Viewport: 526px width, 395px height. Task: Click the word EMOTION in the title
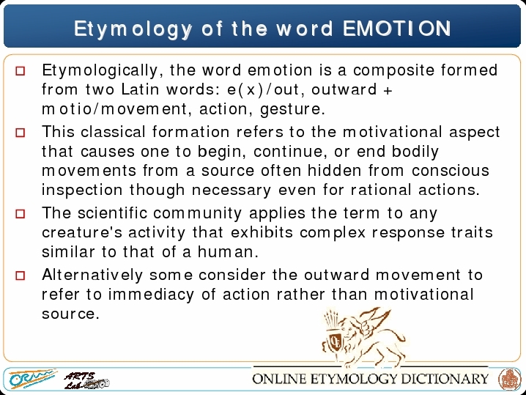pos(397,28)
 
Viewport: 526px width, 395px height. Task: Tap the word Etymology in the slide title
pos(133,29)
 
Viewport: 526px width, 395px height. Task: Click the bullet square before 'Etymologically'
pos(21,71)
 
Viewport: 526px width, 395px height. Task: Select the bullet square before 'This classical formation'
pos(21,133)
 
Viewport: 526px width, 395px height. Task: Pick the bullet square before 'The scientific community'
pos(21,214)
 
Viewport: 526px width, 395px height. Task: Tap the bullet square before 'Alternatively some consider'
pos(21,276)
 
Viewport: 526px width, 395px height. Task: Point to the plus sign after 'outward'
pos(388,91)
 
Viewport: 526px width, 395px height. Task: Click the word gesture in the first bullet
pos(290,110)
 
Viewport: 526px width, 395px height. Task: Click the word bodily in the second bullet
pos(415,152)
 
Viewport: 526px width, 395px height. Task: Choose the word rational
pos(381,190)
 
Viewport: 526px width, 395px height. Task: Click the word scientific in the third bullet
pos(113,213)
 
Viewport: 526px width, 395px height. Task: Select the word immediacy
pos(151,295)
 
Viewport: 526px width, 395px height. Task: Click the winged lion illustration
pos(363,336)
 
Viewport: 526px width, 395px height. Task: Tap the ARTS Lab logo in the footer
pos(86,380)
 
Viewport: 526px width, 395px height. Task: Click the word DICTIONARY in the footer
pos(445,379)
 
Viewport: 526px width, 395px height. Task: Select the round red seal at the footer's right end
pos(509,379)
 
